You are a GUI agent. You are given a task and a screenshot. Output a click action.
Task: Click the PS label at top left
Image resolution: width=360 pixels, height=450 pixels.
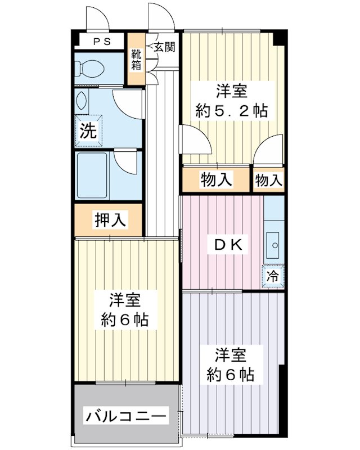pyautogui.click(x=101, y=41)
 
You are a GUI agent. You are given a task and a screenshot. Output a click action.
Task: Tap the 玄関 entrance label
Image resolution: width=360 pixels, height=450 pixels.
pyautogui.click(x=164, y=46)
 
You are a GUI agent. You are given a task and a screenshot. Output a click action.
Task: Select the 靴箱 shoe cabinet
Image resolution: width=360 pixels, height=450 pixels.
pyautogui.click(x=137, y=60)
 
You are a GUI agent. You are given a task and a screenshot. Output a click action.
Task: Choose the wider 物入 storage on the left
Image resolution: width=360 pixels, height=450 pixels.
pyautogui.click(x=216, y=180)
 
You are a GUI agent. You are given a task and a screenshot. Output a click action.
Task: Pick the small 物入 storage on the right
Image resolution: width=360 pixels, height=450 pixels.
pyautogui.click(x=268, y=180)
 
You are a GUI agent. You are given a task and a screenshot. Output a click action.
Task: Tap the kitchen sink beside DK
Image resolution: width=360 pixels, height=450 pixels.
pyautogui.click(x=274, y=245)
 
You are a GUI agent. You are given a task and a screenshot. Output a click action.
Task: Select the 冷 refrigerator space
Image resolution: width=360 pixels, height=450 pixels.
pyautogui.click(x=273, y=276)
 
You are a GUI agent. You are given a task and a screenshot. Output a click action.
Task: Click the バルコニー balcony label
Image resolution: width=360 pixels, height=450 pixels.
pyautogui.click(x=126, y=417)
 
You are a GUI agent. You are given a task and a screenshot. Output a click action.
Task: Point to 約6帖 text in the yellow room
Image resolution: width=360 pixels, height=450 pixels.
pyautogui.click(x=124, y=319)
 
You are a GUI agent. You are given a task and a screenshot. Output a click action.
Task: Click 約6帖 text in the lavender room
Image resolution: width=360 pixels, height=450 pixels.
pyautogui.click(x=230, y=373)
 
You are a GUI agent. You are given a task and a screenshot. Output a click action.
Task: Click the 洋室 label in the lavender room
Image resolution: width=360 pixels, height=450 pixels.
pyautogui.click(x=230, y=355)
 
